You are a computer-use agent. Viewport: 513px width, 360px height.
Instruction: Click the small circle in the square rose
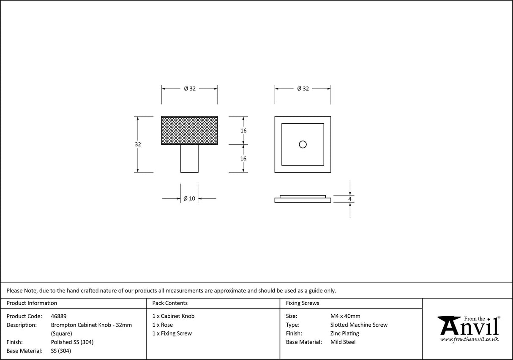pyautogui.click(x=303, y=144)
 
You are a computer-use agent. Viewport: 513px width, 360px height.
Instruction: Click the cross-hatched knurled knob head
pyautogui.click(x=189, y=130)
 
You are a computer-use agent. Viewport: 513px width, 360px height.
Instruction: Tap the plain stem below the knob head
pyautogui.click(x=189, y=158)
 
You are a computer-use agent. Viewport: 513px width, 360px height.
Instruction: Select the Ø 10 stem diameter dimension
pyautogui.click(x=189, y=198)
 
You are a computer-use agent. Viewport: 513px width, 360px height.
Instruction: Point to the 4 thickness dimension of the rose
pyautogui.click(x=350, y=199)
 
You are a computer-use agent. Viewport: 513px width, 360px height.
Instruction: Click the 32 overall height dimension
pyautogui.click(x=138, y=144)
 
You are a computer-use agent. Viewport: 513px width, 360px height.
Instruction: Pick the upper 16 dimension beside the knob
pyautogui.click(x=243, y=131)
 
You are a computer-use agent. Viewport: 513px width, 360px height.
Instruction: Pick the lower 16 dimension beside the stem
pyautogui.click(x=243, y=159)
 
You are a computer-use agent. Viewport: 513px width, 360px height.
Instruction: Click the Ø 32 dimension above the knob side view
pyautogui.click(x=190, y=89)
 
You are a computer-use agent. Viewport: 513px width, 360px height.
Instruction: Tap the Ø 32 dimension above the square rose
pyautogui.click(x=303, y=89)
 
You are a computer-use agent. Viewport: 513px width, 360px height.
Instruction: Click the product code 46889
pyautogui.click(x=59, y=316)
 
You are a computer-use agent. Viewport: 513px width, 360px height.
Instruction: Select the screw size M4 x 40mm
pyautogui.click(x=345, y=316)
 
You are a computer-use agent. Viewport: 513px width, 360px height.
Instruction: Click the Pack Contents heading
pyautogui.click(x=170, y=303)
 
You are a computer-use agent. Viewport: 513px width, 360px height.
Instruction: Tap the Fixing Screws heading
pyautogui.click(x=303, y=303)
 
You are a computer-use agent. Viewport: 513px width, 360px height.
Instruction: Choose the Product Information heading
pyautogui.click(x=32, y=303)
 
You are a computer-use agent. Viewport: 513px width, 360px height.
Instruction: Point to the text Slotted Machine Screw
pyautogui.click(x=359, y=325)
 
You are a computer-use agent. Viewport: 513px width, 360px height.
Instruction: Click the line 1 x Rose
pyautogui.click(x=163, y=325)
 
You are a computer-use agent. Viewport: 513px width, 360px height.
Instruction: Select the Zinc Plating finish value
pyautogui.click(x=345, y=333)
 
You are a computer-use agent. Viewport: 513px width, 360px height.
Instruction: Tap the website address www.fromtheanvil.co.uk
pyautogui.click(x=469, y=339)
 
